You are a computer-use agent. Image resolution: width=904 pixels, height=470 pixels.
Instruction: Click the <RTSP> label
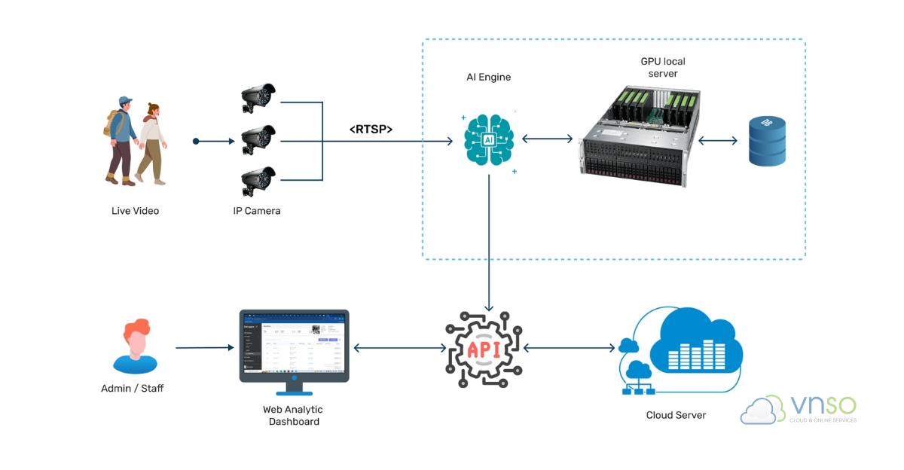coord(371,130)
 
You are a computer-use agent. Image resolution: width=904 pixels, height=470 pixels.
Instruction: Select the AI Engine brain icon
coord(488,140)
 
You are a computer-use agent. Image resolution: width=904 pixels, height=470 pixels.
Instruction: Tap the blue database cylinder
coord(767,141)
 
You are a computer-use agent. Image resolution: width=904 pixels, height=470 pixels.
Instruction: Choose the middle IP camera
coord(258,140)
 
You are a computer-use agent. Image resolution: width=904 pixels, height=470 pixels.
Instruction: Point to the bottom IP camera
coord(258,181)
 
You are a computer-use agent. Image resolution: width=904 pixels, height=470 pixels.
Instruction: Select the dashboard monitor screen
coord(294,346)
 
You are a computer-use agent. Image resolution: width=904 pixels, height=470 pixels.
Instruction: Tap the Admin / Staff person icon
coord(136,347)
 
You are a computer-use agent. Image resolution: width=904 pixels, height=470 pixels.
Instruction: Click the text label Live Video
coord(136,211)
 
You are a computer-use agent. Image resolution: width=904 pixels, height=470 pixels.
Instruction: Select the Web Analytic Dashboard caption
coord(293,416)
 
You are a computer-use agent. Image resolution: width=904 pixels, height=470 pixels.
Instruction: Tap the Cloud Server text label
coord(676,415)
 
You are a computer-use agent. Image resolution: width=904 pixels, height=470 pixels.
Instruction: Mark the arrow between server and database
coord(718,140)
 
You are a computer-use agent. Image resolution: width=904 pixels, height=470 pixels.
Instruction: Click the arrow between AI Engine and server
coord(548,139)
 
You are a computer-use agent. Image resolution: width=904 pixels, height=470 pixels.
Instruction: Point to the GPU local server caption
coord(662,67)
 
